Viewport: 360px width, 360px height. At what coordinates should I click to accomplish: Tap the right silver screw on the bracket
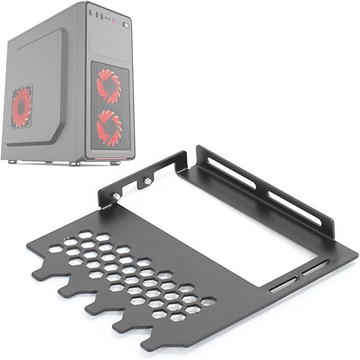(147, 181)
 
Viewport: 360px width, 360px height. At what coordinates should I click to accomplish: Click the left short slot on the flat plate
(282, 284)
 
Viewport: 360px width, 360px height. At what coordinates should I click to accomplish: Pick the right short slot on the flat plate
(315, 268)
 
